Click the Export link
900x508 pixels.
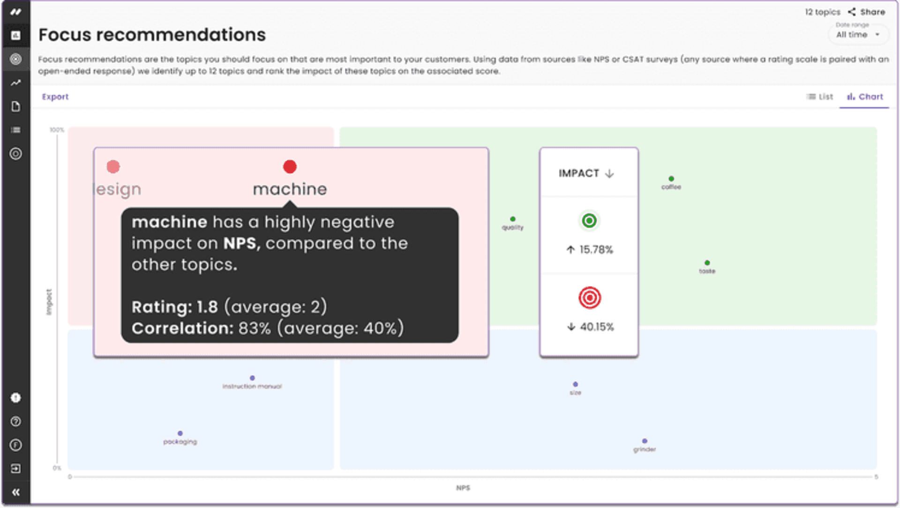click(x=55, y=97)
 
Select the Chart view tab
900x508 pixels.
click(x=865, y=97)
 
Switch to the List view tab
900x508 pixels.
click(x=820, y=97)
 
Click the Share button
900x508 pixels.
click(x=867, y=12)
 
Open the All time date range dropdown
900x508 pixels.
click(x=858, y=35)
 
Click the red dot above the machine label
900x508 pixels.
click(x=290, y=167)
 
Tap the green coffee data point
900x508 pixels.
click(x=671, y=179)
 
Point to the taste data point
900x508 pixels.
click(x=707, y=263)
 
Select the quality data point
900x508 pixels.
click(x=513, y=219)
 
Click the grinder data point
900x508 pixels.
click(x=645, y=441)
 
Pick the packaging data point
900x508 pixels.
click(x=180, y=433)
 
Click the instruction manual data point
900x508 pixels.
click(x=252, y=378)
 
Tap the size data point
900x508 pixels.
click(x=575, y=385)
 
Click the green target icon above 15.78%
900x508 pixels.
click(x=589, y=220)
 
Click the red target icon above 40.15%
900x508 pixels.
click(x=589, y=298)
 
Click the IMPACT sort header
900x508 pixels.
click(x=586, y=174)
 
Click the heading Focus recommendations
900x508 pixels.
click(x=152, y=35)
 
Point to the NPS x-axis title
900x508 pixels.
click(x=463, y=488)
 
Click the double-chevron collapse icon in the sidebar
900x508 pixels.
click(x=15, y=492)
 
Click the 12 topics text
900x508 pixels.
click(x=822, y=12)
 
